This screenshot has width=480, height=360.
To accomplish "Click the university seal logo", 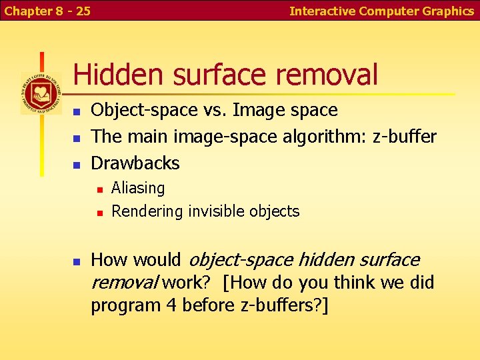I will [41, 93].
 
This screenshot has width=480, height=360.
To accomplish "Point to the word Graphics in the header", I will [449, 11].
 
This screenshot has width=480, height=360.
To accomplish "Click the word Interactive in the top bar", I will [323, 11].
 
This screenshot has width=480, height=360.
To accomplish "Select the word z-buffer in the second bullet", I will [405, 137].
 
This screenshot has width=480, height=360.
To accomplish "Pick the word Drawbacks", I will [135, 163].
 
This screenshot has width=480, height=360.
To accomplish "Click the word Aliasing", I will [138, 188].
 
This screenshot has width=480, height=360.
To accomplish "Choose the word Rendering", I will [147, 211].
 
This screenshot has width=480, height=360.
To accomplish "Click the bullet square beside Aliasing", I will [98, 189].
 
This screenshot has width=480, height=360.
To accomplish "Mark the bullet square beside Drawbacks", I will [77, 164].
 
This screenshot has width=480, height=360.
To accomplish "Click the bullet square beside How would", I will [77, 261].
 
